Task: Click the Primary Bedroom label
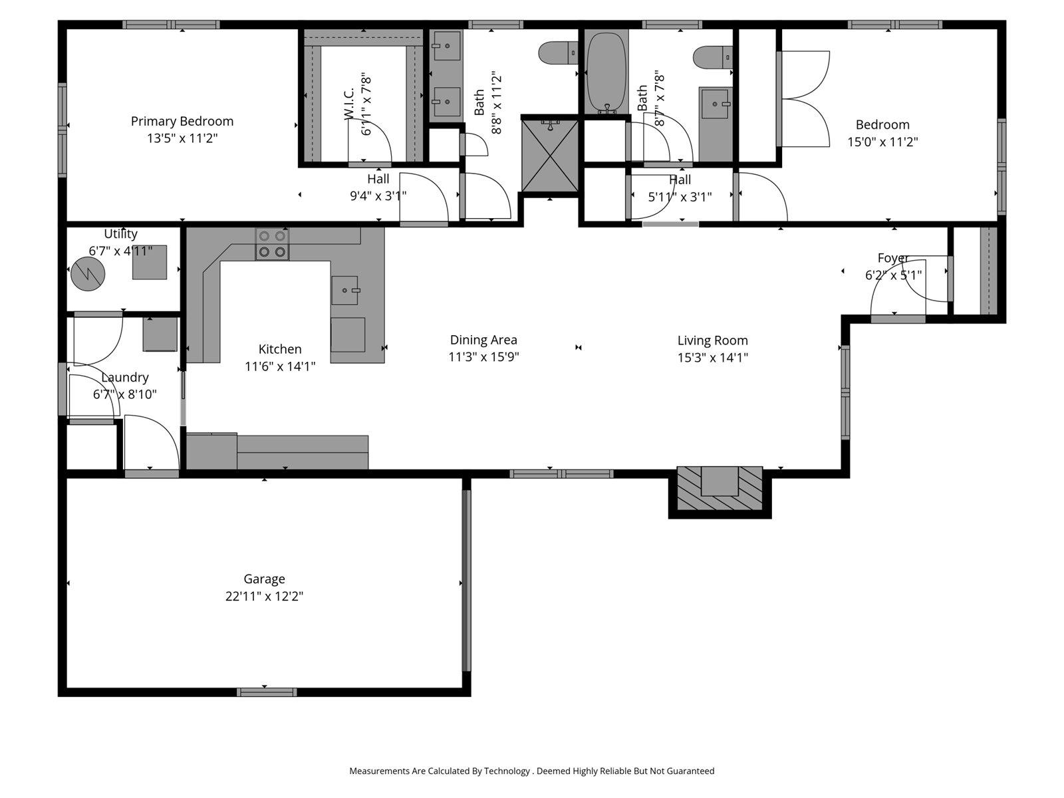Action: [x=182, y=121]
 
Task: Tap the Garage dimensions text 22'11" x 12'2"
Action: [x=264, y=597]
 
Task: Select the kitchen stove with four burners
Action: [x=272, y=243]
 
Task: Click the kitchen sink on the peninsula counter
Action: [x=344, y=290]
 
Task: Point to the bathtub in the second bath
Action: [x=605, y=72]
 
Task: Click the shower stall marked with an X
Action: [x=549, y=155]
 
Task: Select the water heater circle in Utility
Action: [x=88, y=273]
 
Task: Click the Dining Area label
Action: [x=483, y=340]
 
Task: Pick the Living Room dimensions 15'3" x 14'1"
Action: [x=712, y=357]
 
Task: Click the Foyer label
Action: [x=892, y=258]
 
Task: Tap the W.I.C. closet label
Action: [x=350, y=106]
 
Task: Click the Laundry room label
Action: [x=124, y=377]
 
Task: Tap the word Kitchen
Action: [x=280, y=349]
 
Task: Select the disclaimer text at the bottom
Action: [x=531, y=771]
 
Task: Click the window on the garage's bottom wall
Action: [x=266, y=692]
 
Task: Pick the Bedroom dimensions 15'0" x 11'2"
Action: [x=882, y=142]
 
